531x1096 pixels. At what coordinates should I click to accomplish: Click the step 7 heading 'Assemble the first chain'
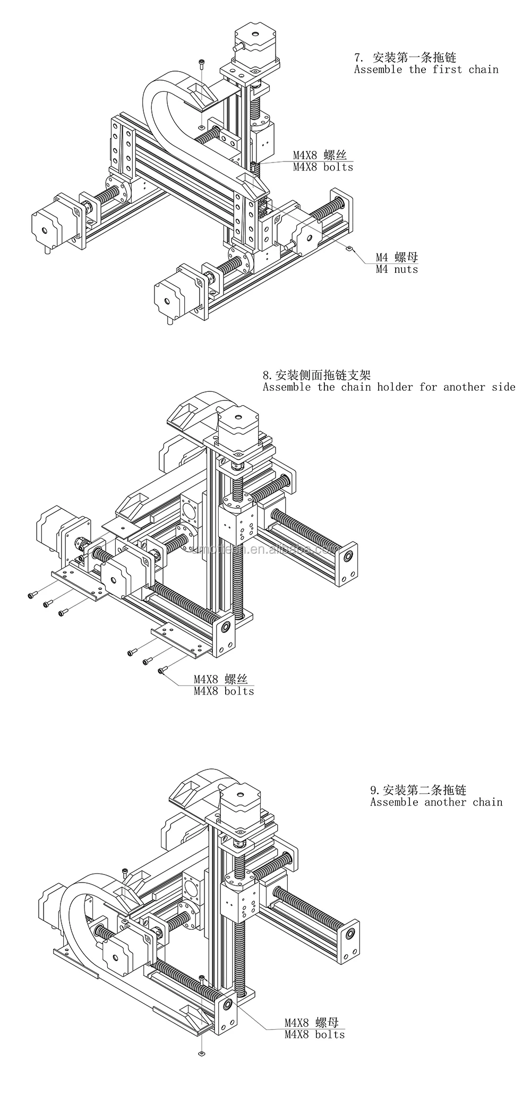[x=426, y=70]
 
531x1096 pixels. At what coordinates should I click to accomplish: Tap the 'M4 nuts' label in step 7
[x=397, y=270]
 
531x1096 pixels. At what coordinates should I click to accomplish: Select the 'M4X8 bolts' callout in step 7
[x=323, y=167]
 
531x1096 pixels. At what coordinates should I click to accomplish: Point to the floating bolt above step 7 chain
[x=201, y=65]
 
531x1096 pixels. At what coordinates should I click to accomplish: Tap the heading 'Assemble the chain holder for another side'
[x=389, y=387]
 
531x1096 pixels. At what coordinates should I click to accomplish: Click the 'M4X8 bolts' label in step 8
[x=224, y=691]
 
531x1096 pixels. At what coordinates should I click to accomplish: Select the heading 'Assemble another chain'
[x=436, y=802]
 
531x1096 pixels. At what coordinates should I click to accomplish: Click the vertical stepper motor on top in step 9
[x=241, y=798]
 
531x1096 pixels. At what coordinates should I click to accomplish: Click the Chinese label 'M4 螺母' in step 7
[x=397, y=258]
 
